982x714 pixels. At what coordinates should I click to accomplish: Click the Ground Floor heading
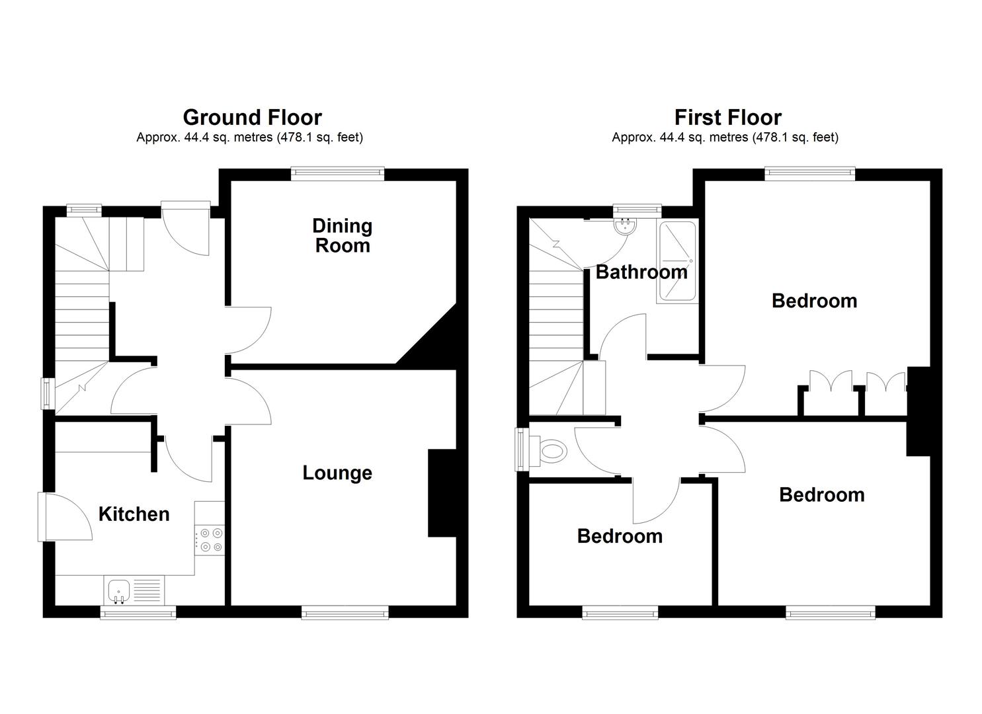(x=252, y=117)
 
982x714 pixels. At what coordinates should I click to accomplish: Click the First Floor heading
(x=727, y=117)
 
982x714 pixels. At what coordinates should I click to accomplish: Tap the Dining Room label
(x=342, y=236)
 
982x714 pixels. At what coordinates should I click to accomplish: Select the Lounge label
(x=337, y=473)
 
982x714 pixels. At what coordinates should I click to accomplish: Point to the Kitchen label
(x=134, y=514)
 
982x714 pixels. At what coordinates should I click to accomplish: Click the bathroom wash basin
(x=624, y=227)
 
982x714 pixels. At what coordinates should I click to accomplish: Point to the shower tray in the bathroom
(x=676, y=262)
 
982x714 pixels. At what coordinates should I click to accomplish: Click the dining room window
(x=338, y=173)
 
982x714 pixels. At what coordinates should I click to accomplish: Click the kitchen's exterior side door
(x=42, y=516)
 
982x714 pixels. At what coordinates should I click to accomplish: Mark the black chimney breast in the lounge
(x=442, y=493)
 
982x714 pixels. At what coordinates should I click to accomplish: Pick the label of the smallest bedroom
(x=620, y=535)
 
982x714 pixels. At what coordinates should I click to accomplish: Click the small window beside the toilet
(x=520, y=450)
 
